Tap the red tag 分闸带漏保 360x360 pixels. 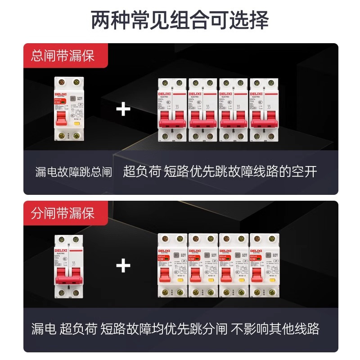pos(63,213)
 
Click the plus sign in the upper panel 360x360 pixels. pos(123,109)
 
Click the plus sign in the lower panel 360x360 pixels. pos(123,266)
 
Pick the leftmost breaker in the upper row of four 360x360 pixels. pos(172,110)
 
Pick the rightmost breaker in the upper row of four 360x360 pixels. pos(264,110)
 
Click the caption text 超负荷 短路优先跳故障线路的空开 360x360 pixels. pos(220,171)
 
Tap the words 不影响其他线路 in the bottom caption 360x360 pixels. pos(275,328)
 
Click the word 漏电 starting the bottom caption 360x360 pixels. pos(43,328)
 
